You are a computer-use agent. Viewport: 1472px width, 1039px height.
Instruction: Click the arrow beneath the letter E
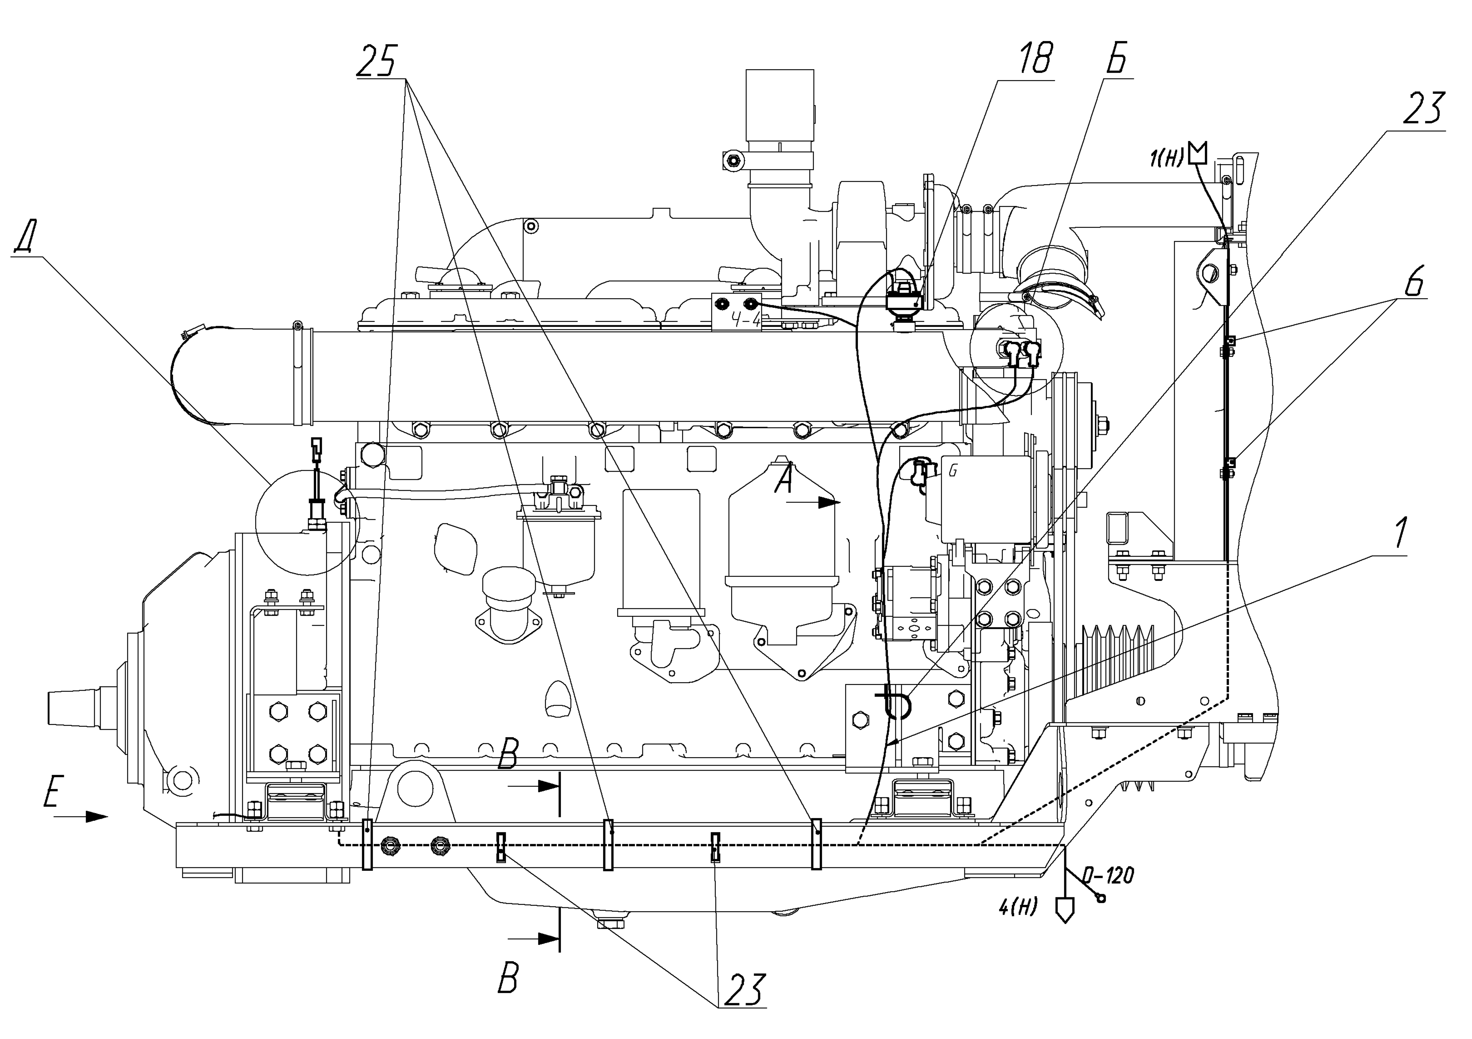[x=81, y=816]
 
